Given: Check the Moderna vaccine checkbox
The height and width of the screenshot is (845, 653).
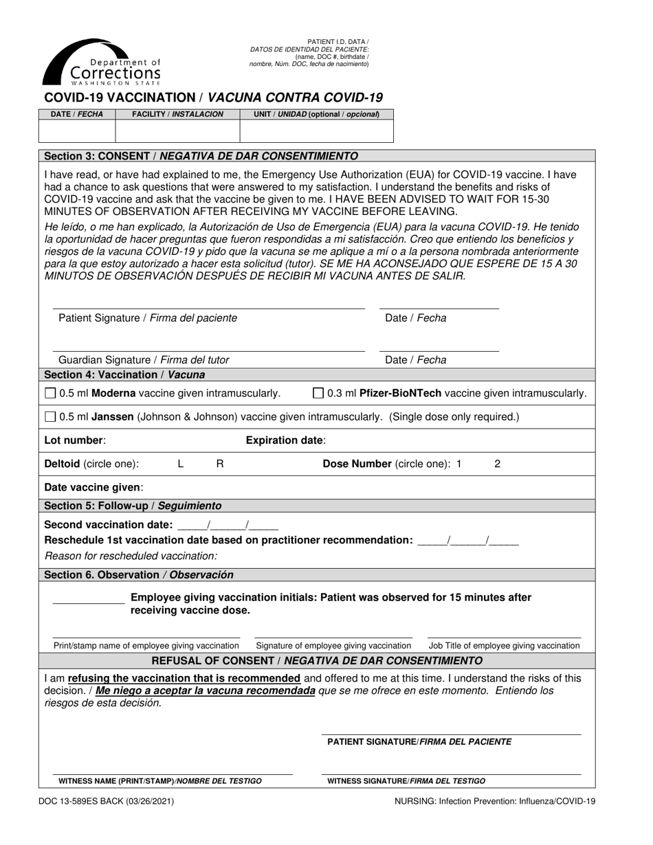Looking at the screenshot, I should (49, 394).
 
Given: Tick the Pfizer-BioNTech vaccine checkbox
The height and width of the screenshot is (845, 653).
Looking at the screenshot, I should (318, 394).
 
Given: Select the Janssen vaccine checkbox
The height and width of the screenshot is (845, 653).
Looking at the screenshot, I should (49, 416).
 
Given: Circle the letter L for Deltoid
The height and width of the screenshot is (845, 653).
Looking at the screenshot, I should (181, 464).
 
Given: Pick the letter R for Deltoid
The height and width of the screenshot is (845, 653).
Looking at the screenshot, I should (220, 464).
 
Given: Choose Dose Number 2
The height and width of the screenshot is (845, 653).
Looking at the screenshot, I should (498, 464).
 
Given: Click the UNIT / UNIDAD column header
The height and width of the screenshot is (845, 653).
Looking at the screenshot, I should (316, 114).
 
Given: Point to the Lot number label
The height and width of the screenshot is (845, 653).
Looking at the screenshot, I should (75, 440).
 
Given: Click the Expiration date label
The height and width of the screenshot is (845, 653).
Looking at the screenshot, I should (286, 440).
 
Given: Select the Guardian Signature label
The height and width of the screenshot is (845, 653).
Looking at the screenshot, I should (144, 360).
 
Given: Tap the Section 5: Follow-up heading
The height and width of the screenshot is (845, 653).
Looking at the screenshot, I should (133, 506).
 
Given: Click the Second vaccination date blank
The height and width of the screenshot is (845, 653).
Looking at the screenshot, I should (228, 525).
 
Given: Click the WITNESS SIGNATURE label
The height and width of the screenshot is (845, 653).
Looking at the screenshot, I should (406, 781).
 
